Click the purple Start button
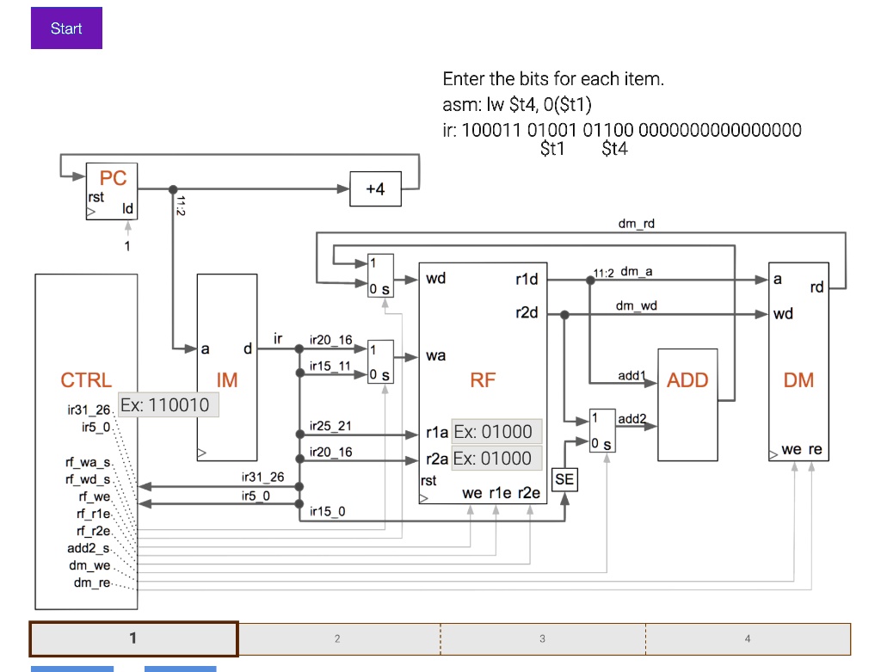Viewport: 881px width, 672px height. click(x=66, y=28)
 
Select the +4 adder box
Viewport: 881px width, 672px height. click(x=375, y=189)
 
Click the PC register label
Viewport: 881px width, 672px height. click(x=113, y=178)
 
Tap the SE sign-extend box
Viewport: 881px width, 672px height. click(x=564, y=479)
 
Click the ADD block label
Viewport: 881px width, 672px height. click(x=687, y=380)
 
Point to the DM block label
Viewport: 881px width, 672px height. click(x=798, y=380)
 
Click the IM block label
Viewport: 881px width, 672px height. click(x=227, y=380)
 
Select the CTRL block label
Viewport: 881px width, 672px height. click(x=86, y=380)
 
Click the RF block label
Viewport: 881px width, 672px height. click(x=483, y=380)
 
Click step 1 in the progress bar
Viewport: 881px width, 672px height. click(x=133, y=638)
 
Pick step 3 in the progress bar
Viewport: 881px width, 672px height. click(x=542, y=638)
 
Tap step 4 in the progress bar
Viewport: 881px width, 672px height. click(x=748, y=638)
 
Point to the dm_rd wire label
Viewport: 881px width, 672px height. click(x=636, y=224)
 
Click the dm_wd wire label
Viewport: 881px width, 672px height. click(x=636, y=305)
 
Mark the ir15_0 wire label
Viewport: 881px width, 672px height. click(x=327, y=512)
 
